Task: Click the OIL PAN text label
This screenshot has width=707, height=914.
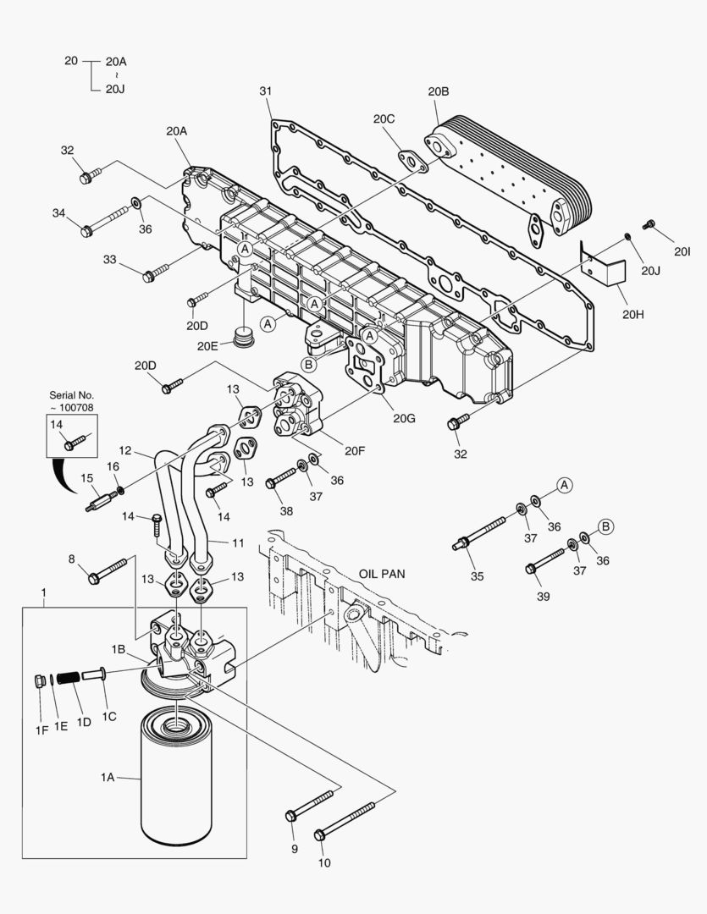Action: click(x=381, y=573)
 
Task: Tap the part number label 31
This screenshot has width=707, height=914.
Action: click(x=265, y=91)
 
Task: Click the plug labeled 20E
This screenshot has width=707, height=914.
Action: click(x=245, y=339)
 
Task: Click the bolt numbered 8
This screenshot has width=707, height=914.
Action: click(x=108, y=570)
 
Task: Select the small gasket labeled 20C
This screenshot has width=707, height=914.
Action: click(x=413, y=160)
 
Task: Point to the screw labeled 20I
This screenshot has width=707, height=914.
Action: click(x=649, y=224)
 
